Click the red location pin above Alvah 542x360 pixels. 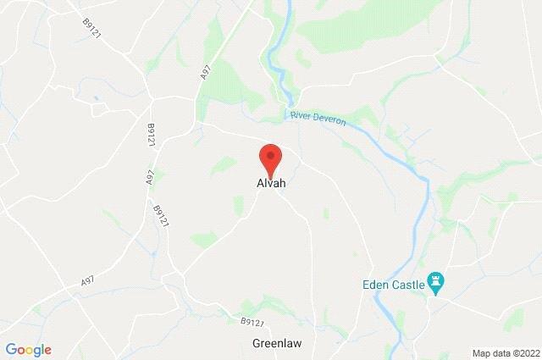269,158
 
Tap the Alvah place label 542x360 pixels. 269,184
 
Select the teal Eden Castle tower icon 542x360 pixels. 437,280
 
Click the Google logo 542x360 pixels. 28,348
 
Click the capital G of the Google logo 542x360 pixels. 10,348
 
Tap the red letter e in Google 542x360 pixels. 47,349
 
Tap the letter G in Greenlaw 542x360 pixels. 256,344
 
